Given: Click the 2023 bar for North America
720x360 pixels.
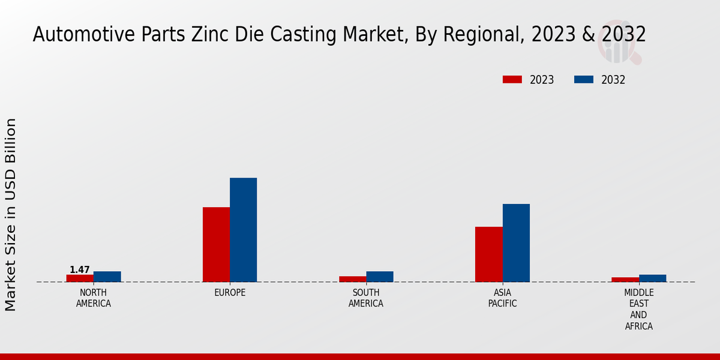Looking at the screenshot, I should (x=80, y=278).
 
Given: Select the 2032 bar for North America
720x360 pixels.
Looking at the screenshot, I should (x=107, y=277).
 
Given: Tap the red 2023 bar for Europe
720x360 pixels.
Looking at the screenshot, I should (x=216, y=244).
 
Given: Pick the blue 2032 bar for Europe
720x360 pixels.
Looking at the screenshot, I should (x=243, y=230).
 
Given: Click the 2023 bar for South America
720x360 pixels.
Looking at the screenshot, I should (x=352, y=279).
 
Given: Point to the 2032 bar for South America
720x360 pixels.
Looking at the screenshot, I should (x=380, y=277).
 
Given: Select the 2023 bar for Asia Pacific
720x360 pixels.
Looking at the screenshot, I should (x=488, y=254).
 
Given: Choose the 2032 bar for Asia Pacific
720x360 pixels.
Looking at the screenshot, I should (x=516, y=243).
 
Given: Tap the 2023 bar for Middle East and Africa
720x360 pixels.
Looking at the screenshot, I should (x=625, y=280).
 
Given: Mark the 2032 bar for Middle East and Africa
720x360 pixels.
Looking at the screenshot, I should (x=652, y=278).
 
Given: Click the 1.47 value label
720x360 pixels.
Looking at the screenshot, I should (x=80, y=270).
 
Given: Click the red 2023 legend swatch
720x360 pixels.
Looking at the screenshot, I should (x=512, y=80).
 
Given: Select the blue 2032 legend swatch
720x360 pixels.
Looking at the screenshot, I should (x=584, y=80).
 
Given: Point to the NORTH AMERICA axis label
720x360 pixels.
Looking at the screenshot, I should (x=94, y=298).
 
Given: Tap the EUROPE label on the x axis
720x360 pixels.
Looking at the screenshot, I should (x=230, y=293).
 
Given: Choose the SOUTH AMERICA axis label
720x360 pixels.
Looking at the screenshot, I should (x=366, y=298).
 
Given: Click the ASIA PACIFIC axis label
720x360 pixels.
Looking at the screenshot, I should (x=503, y=298).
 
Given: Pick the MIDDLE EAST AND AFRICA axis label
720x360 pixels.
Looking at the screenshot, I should (x=639, y=310).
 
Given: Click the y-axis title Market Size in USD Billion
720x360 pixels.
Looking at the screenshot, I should (x=11, y=214).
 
